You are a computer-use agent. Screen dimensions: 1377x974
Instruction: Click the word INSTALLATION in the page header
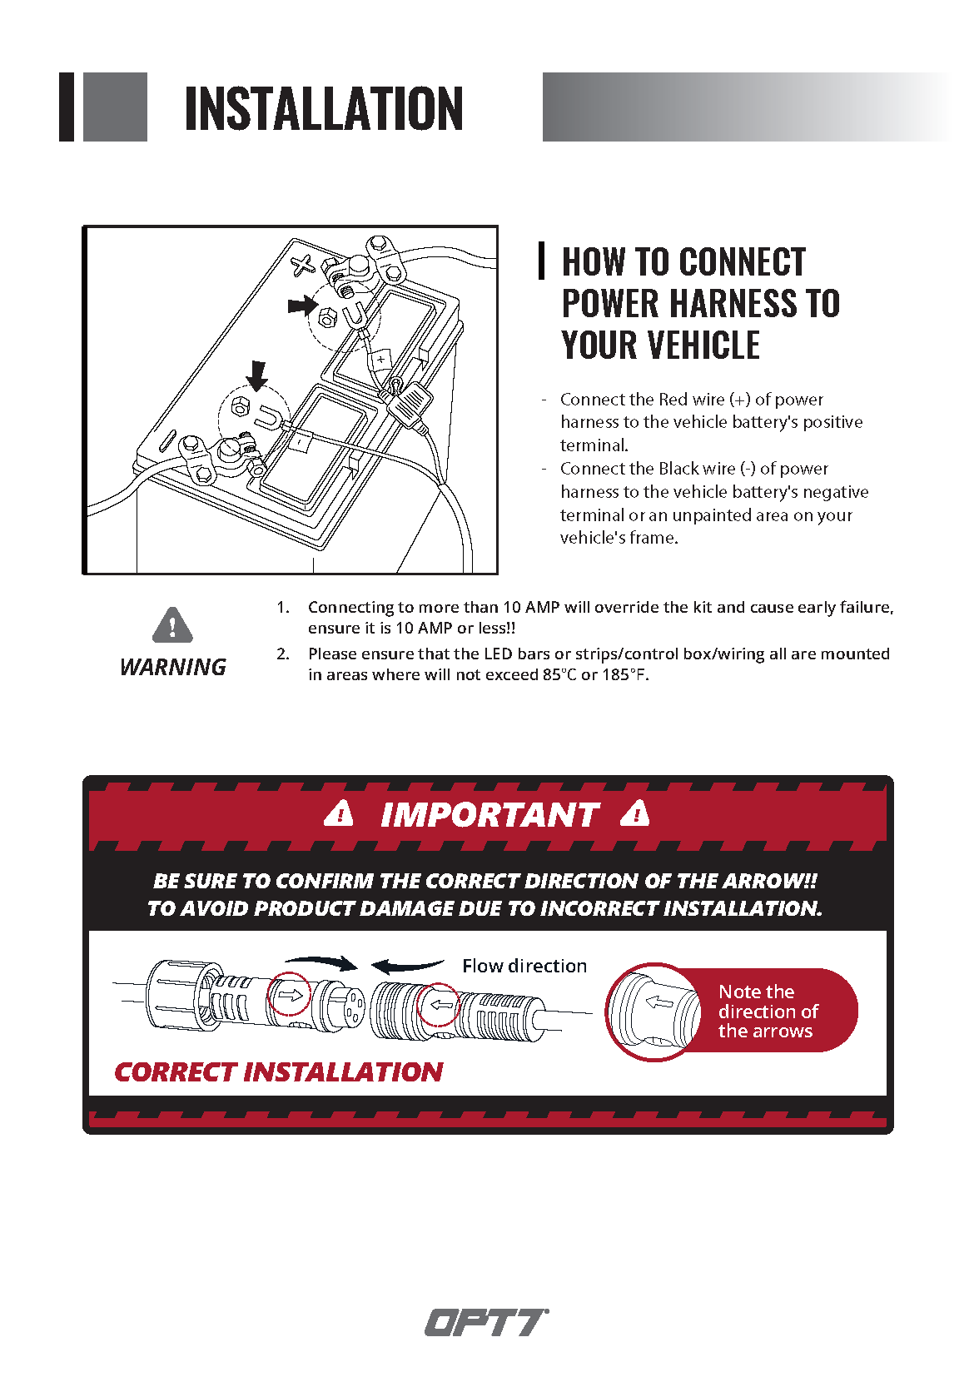pyautogui.click(x=323, y=109)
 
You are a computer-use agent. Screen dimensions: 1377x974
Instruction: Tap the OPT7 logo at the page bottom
pyautogui.click(x=486, y=1322)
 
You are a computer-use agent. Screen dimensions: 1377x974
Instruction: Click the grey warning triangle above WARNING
pyautogui.click(x=172, y=625)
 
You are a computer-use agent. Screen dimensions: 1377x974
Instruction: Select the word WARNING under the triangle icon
pyautogui.click(x=173, y=667)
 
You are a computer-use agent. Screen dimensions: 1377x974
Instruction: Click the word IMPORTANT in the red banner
pyautogui.click(x=489, y=815)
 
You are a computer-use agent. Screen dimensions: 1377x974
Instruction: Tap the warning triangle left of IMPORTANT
pyautogui.click(x=339, y=813)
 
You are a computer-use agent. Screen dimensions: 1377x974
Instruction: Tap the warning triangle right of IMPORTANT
pyautogui.click(x=635, y=813)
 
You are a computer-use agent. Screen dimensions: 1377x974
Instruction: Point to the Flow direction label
pyautogui.click(x=524, y=966)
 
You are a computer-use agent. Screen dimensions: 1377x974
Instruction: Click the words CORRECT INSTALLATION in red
pyautogui.click(x=279, y=1071)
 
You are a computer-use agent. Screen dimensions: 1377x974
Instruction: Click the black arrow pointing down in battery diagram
pyautogui.click(x=257, y=375)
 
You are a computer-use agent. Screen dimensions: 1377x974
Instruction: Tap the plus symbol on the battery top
pyautogui.click(x=303, y=266)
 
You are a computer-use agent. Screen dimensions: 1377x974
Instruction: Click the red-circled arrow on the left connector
pyautogui.click(x=290, y=994)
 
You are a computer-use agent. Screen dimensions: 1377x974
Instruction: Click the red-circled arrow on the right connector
pyautogui.click(x=439, y=1005)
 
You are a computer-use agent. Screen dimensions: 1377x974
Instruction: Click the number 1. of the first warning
pyautogui.click(x=283, y=608)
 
